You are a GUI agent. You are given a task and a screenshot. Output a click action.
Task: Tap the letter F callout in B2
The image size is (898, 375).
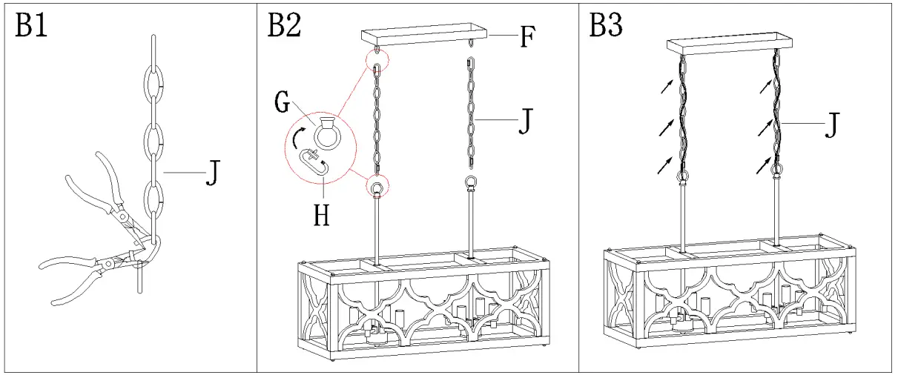[x=526, y=37]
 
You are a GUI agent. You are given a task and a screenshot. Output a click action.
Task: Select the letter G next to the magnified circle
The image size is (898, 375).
[x=282, y=103]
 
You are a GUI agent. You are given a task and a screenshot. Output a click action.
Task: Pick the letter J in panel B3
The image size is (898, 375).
[x=831, y=127]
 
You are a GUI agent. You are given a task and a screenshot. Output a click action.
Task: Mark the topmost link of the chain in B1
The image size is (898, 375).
[x=152, y=50]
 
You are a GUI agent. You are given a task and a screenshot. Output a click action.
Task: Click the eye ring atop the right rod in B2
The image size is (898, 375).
[x=470, y=183]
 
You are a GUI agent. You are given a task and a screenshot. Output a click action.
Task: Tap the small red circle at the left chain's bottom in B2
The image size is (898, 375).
[x=377, y=188]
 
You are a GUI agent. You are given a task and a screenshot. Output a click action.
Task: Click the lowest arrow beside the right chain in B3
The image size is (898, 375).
[x=761, y=166]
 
